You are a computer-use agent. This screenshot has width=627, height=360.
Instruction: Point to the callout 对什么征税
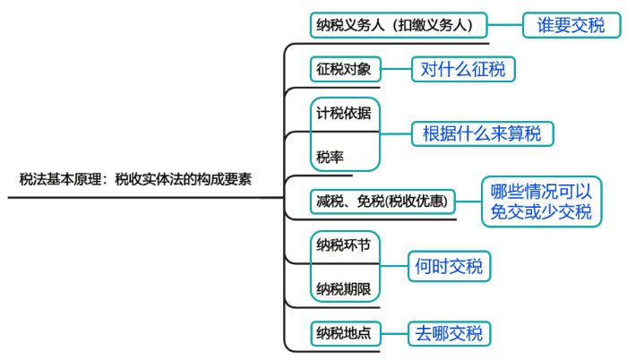pyautogui.click(x=463, y=69)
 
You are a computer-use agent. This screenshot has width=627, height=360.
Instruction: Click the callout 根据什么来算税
pyautogui.click(x=482, y=134)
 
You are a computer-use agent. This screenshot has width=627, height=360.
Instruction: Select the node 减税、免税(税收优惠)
pyautogui.click(x=382, y=201)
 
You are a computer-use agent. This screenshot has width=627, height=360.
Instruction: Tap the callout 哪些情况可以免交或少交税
pyautogui.click(x=540, y=201)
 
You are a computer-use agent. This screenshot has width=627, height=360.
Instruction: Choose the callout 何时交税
pyautogui.click(x=449, y=266)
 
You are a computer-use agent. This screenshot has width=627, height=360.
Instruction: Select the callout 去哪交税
pyautogui.click(x=449, y=334)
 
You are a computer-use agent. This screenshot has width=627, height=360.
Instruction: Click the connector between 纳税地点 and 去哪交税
pyautogui.click(x=394, y=334)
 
